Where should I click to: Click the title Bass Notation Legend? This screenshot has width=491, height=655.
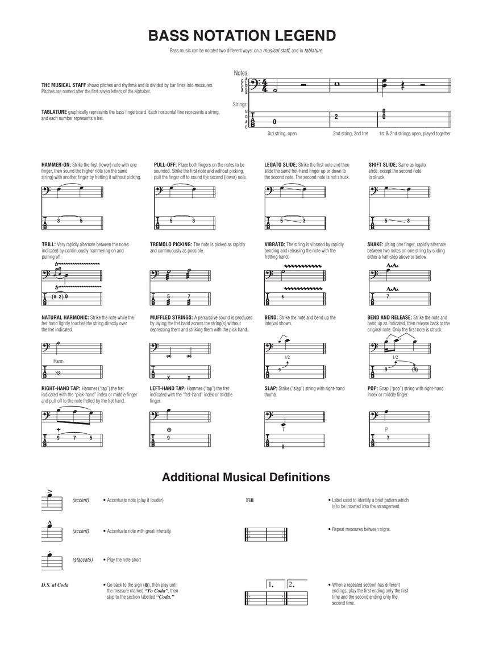point(242,36)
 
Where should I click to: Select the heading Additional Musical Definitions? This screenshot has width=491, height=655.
point(246,476)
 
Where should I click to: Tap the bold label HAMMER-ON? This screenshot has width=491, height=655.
point(56,165)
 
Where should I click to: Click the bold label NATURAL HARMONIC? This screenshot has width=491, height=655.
point(65,317)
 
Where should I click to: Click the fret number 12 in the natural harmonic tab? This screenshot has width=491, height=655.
point(58,374)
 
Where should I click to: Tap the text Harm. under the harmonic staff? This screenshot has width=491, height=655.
point(59,361)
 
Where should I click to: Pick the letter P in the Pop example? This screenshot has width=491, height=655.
point(386,429)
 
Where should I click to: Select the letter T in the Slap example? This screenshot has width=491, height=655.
point(283,429)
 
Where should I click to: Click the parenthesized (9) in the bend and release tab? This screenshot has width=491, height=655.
point(414,370)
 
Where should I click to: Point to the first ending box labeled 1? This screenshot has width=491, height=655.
point(275,584)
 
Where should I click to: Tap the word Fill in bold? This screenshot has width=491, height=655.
point(249,500)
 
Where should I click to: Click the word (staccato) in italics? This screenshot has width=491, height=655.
point(82,559)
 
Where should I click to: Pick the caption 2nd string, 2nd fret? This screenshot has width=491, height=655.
point(350,134)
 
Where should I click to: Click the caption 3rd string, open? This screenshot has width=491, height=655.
point(282,134)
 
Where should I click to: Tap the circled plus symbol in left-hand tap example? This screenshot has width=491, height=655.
point(169,429)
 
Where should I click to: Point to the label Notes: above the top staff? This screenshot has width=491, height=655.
point(242,73)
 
